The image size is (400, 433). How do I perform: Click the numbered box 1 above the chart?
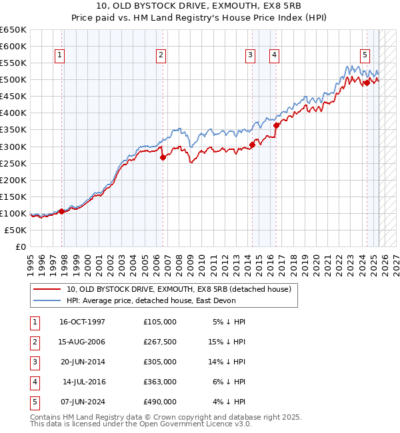coord(60,55)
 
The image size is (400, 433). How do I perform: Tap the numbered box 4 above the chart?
coord(274,55)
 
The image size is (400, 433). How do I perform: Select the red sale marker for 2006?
coord(163,157)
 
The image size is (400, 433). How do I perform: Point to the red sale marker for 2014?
coord(253,145)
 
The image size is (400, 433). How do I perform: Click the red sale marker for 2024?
coord(367,83)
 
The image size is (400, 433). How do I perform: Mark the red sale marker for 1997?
coord(61,211)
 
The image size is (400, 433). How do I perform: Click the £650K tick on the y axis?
coord(13,30)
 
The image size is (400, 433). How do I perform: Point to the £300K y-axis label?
coord(13,147)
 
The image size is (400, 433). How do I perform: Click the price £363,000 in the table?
coord(160,381)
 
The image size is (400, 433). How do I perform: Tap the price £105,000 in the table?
coord(160,321)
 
